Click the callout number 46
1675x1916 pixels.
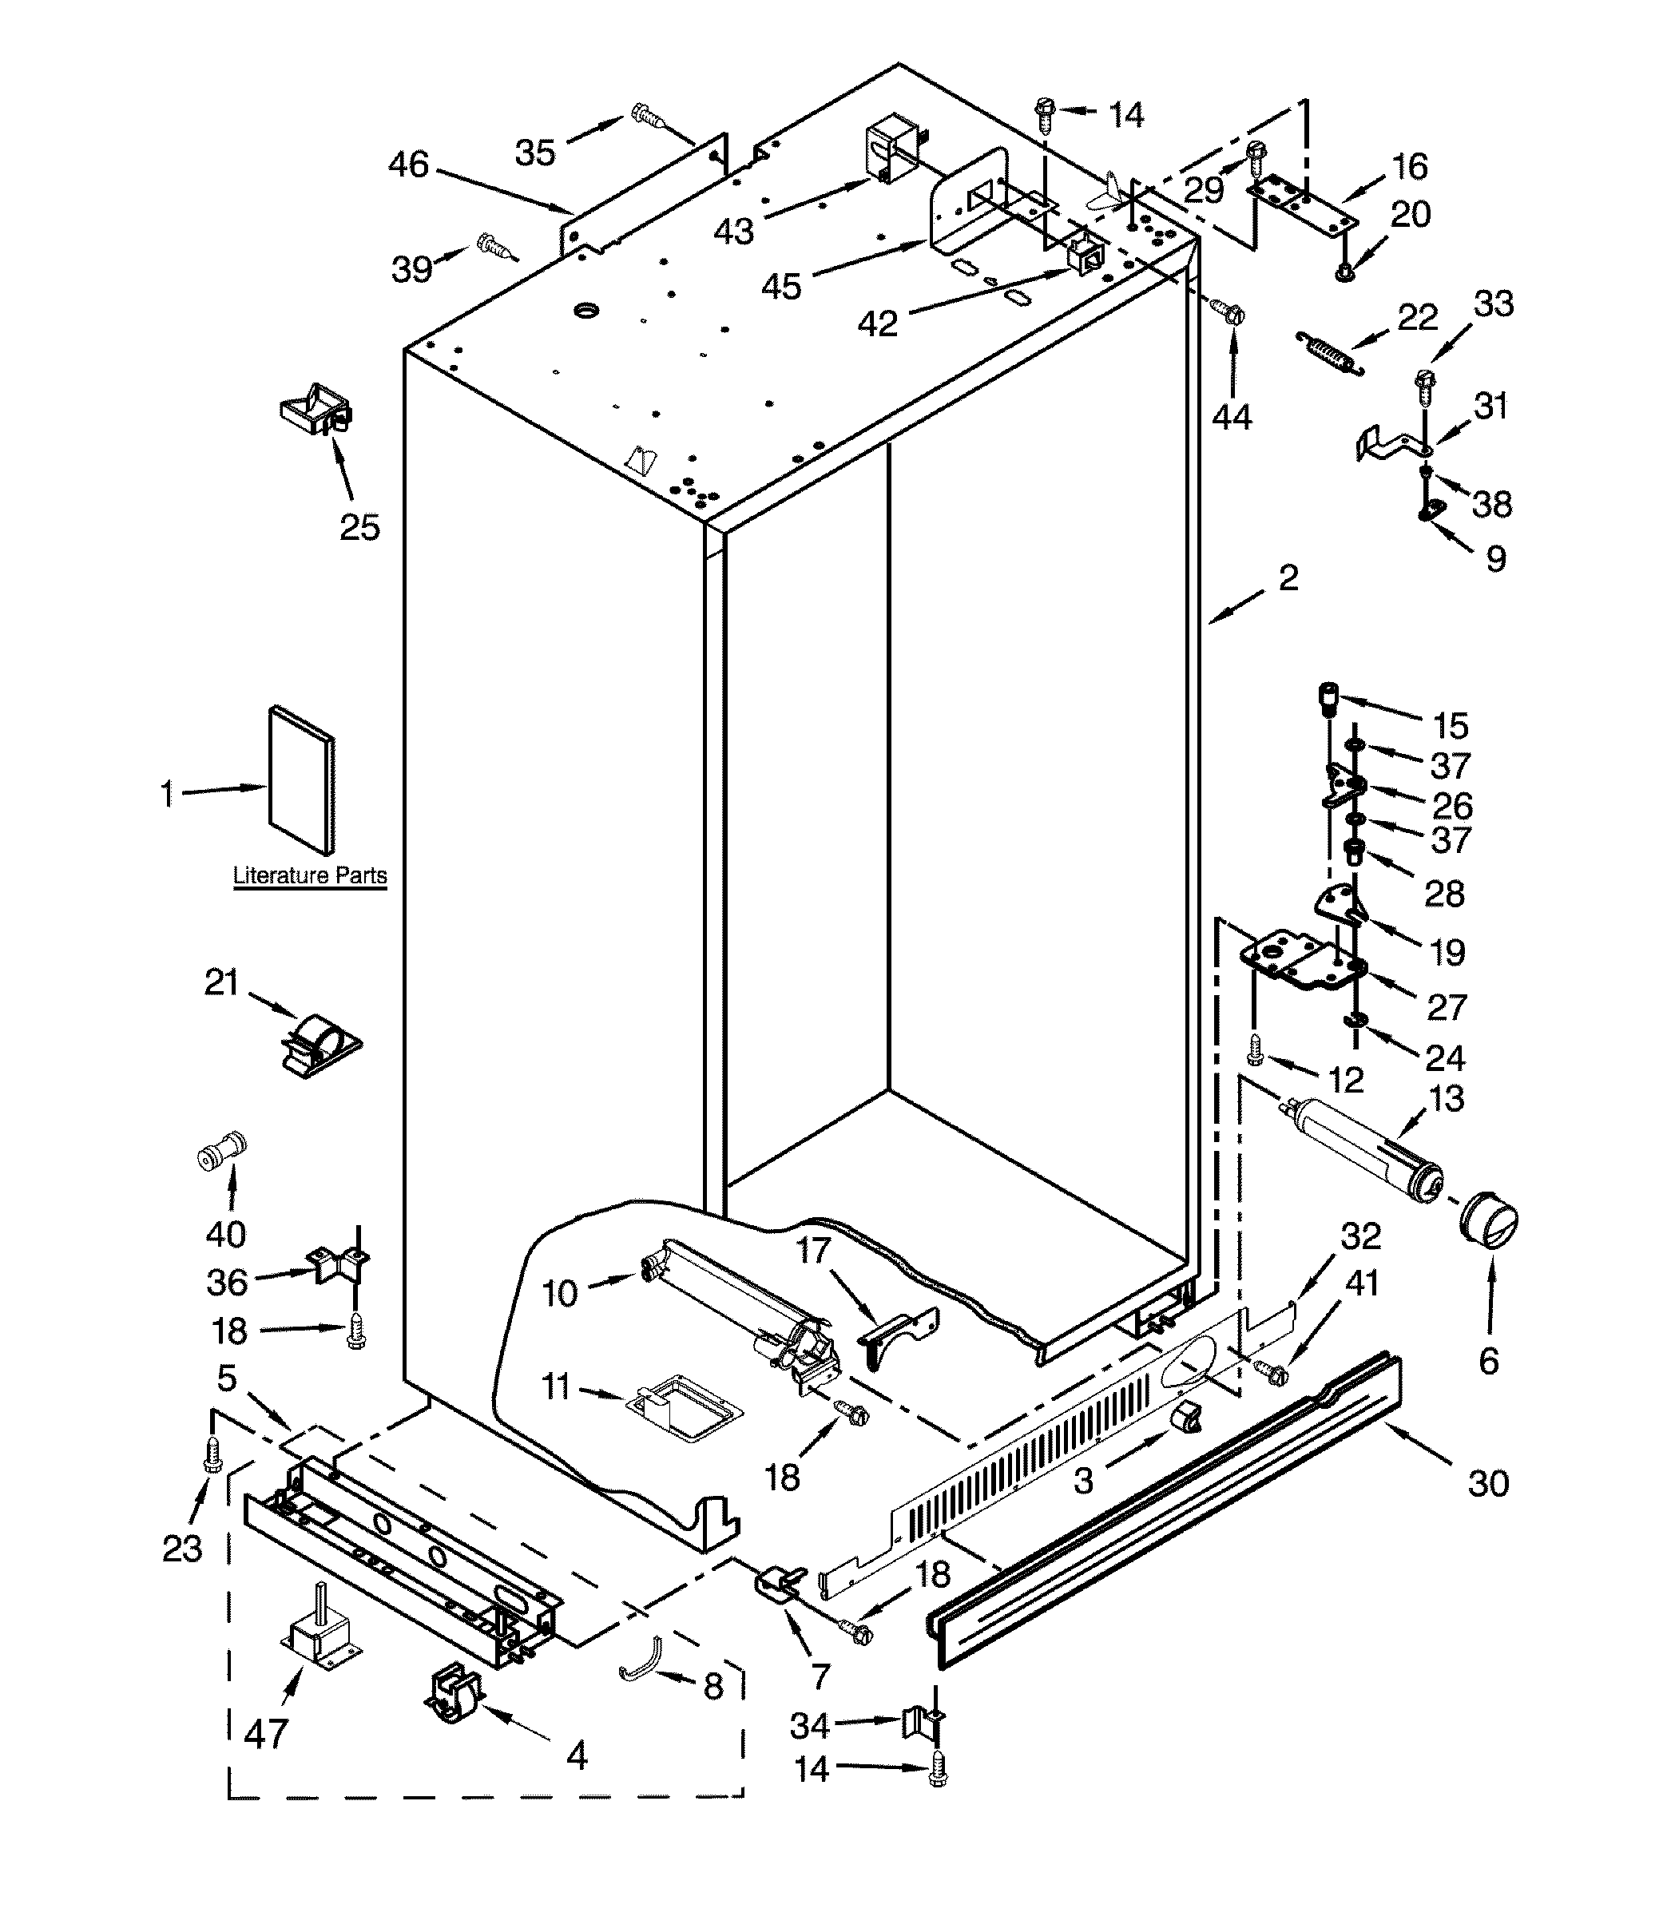tap(408, 165)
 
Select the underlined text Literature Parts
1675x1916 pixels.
tap(309, 876)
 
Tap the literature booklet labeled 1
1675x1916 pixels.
tap(301, 781)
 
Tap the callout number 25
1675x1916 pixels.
tap(360, 527)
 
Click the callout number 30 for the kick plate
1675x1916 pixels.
tap(1488, 1483)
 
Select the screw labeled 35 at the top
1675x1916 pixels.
tap(648, 116)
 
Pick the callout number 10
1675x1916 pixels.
tap(560, 1294)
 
